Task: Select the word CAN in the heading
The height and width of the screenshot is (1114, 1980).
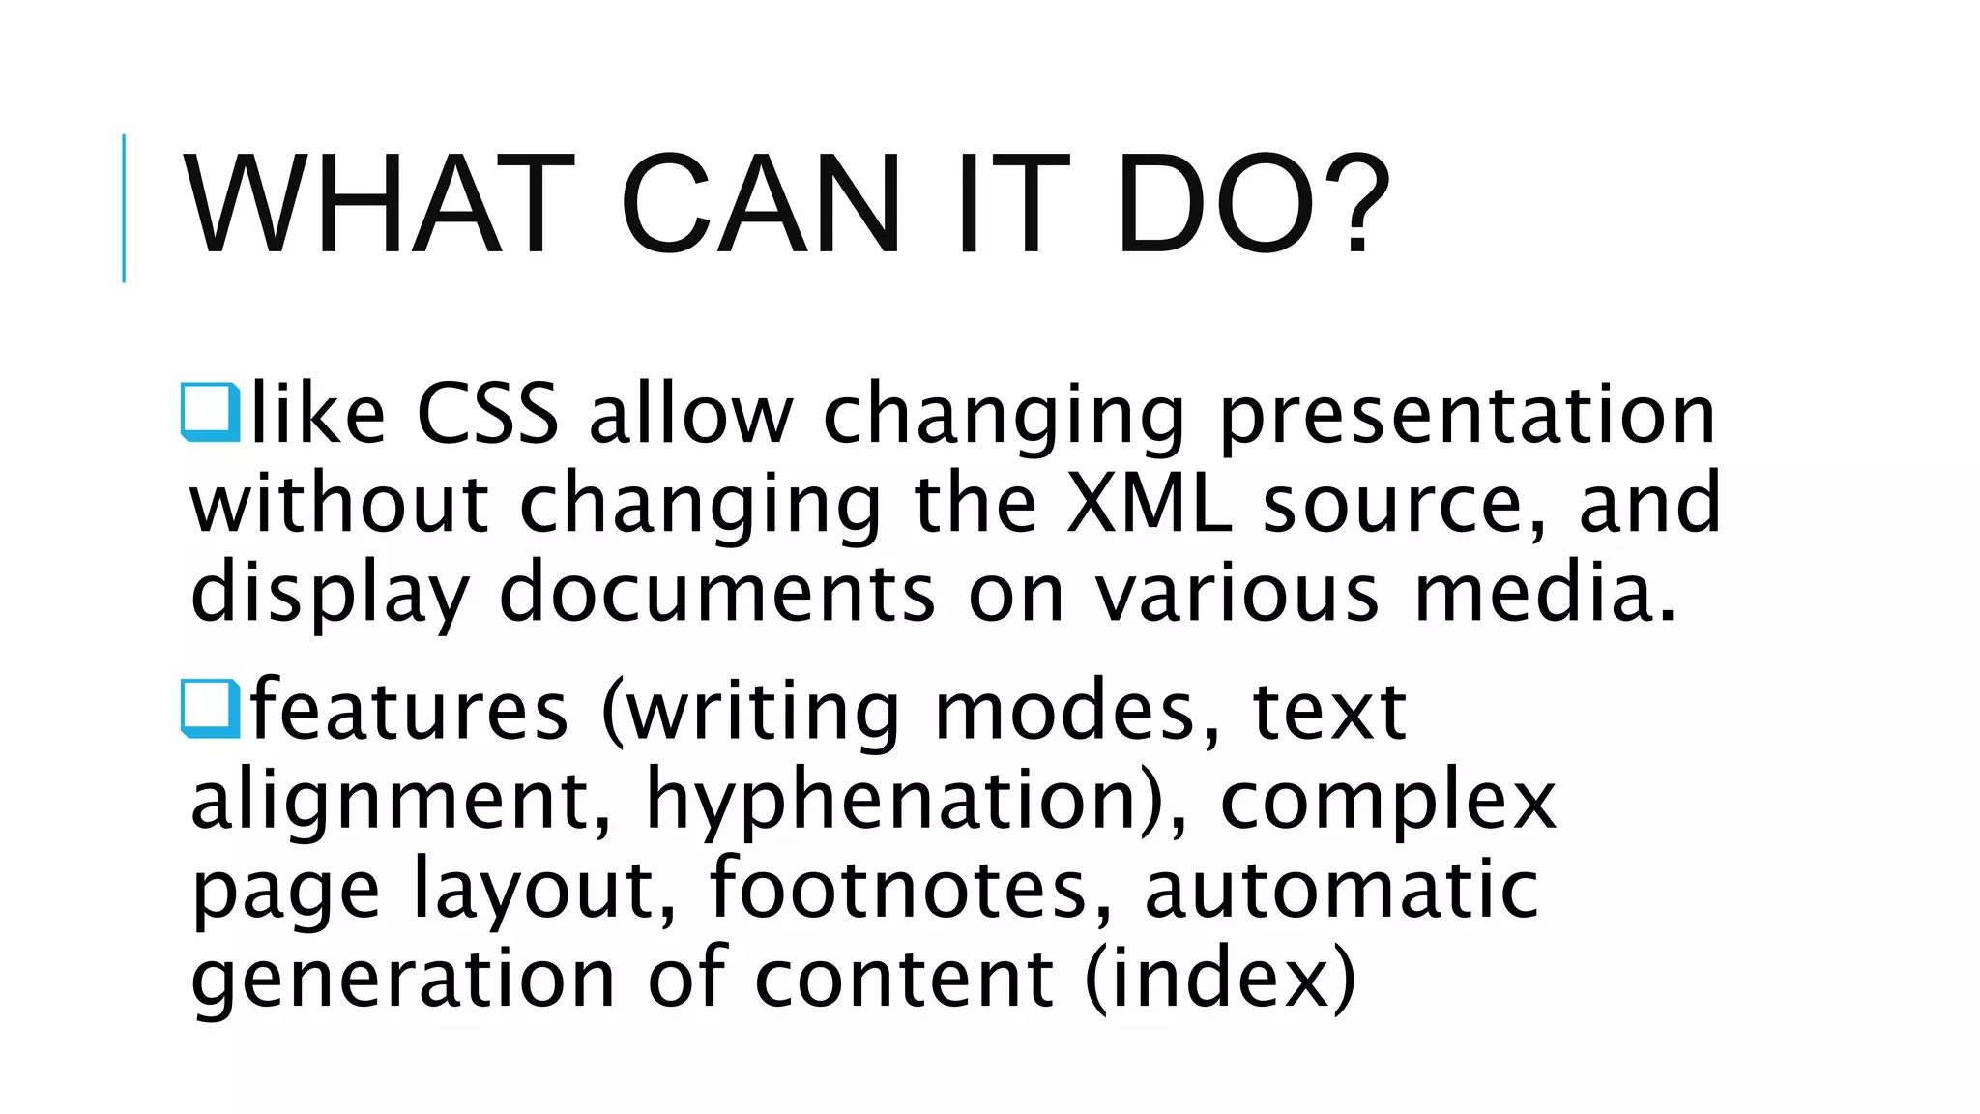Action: (761, 205)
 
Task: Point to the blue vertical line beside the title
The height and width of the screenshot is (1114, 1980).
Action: (124, 208)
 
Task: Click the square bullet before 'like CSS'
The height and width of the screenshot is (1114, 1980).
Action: (210, 413)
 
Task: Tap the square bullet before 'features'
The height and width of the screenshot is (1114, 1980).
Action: (210, 709)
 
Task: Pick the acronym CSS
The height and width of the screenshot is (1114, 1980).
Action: (487, 414)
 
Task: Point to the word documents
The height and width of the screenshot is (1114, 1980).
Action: (716, 592)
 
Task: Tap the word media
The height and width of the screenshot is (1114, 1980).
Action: (1544, 592)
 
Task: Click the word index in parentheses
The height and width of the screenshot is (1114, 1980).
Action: (1220, 978)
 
